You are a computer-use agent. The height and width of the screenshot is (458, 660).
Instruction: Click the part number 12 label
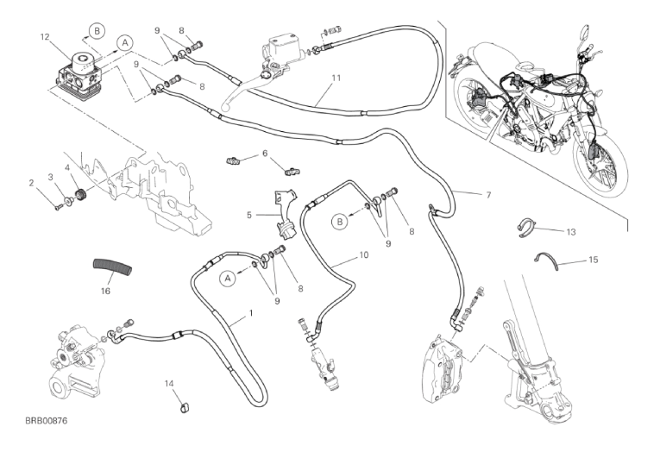pyautogui.click(x=45, y=36)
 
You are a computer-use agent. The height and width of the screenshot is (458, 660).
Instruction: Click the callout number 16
pyautogui.click(x=105, y=292)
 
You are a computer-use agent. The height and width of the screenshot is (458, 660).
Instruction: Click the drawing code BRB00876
pyautogui.click(x=47, y=419)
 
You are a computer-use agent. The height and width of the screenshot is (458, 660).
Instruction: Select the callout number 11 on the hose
pyautogui.click(x=336, y=78)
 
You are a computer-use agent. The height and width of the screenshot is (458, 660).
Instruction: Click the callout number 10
pyautogui.click(x=364, y=256)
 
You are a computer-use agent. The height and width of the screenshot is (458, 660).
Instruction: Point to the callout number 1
pyautogui.click(x=250, y=311)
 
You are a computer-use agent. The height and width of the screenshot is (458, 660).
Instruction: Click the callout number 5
pyautogui.click(x=250, y=216)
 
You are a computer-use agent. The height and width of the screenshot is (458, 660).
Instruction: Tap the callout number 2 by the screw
pyautogui.click(x=31, y=182)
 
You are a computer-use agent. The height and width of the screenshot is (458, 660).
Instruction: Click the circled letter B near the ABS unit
pyautogui.click(x=97, y=30)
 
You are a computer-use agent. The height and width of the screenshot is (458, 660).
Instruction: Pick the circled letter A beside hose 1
pyautogui.click(x=228, y=277)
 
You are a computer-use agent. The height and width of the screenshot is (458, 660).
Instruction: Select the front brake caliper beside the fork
pyautogui.click(x=445, y=362)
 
